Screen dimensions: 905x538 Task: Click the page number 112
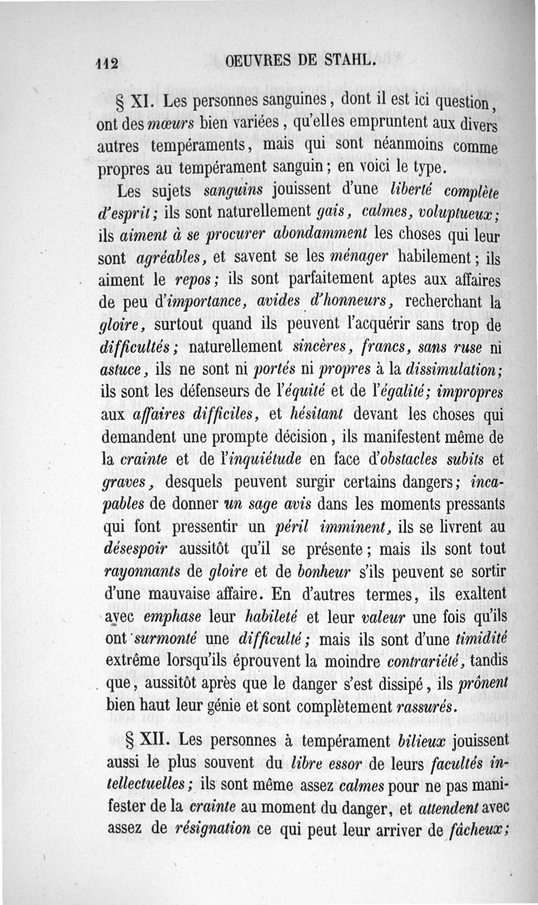point(106,62)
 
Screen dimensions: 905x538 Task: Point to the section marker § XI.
point(131,104)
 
